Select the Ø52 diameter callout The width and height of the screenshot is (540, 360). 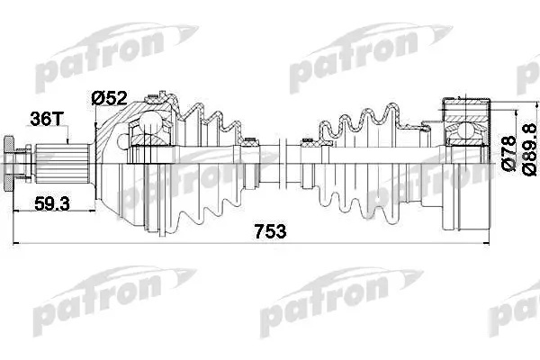(x=109, y=98)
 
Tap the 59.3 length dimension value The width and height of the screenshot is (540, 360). (x=52, y=203)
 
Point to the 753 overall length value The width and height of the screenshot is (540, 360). (x=270, y=231)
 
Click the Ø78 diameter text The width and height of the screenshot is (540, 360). (x=509, y=153)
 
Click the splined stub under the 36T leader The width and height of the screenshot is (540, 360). (x=61, y=163)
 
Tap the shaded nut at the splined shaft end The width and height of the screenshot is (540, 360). (x=10, y=163)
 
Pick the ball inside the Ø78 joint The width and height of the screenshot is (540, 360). (x=465, y=131)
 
